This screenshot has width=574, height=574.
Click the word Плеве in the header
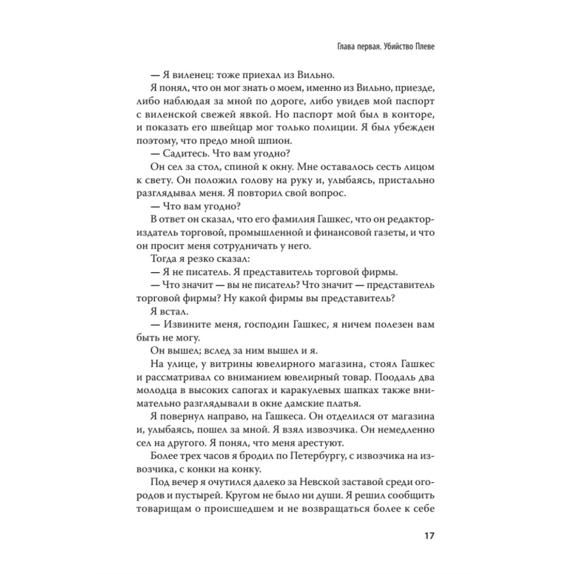[421, 46]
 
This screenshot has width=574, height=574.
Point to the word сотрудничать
[248, 247]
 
